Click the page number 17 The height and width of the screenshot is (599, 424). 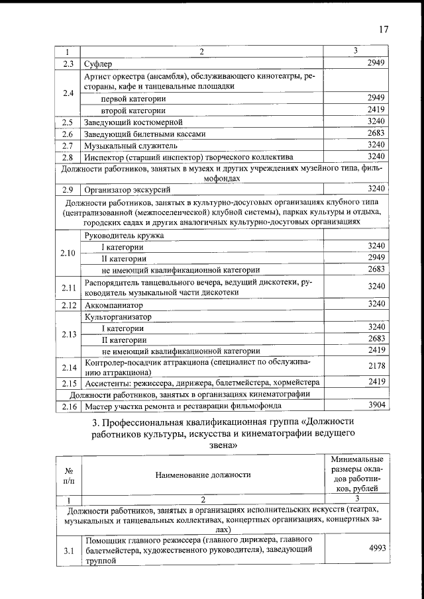384,29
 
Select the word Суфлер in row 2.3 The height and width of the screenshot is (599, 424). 97,64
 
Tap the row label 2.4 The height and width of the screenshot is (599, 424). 68,93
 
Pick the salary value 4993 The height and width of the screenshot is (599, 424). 376,547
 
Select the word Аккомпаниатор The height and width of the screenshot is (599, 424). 113,306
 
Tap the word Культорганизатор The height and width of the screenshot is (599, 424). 118,317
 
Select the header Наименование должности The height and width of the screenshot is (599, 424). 203,475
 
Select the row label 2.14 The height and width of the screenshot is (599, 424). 70,367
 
